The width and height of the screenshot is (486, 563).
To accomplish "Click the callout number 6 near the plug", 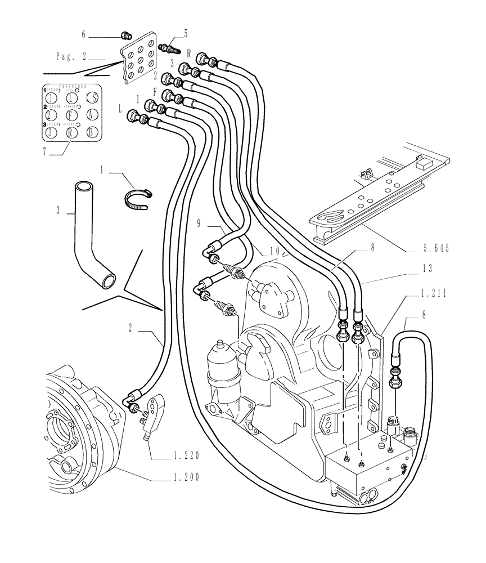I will pos(84,35).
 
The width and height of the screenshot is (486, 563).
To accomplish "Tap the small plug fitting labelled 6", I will pos(126,36).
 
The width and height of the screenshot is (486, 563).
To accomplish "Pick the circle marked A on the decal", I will pos(92,115).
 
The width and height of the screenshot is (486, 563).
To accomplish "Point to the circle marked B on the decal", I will pos(92,133).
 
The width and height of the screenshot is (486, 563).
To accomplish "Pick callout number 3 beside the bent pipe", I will pos(58,211).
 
